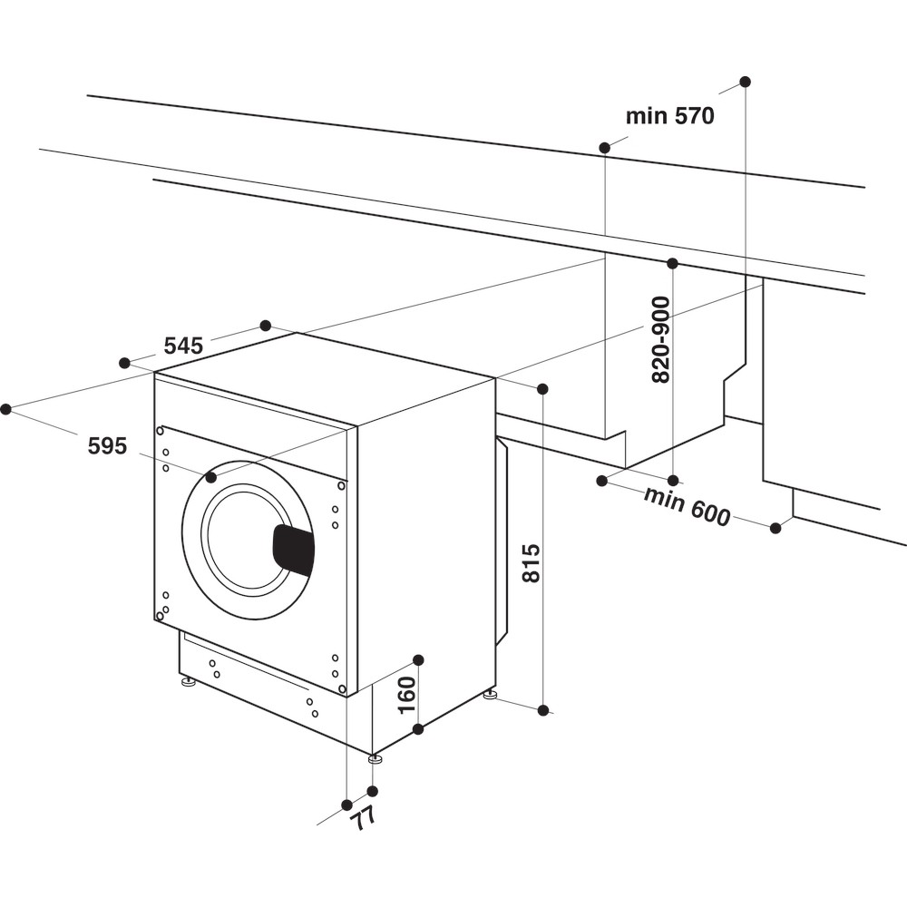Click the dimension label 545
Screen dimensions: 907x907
pos(183,346)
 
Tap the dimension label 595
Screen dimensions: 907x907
pos(107,445)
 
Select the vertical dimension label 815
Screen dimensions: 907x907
pos(532,562)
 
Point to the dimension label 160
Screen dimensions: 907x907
pos(406,695)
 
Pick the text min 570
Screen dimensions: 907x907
pos(670,116)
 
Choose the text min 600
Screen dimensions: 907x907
pos(687,506)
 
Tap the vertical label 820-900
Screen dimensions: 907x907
pos(661,339)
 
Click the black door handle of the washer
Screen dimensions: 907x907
pos(294,550)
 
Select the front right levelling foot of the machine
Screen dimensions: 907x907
pos(375,758)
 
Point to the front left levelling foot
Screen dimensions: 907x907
pos(189,681)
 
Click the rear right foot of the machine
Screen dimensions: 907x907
pos(491,696)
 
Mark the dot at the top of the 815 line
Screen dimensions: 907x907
pos(542,389)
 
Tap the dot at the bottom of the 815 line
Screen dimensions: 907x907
pos(543,710)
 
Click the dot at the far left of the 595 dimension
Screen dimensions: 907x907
pos(5,409)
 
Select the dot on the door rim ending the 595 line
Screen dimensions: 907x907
pos(211,477)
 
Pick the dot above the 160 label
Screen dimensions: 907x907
pos(418,659)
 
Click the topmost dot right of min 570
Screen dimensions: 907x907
pos(745,82)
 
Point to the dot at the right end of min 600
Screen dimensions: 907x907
pos(775,528)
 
